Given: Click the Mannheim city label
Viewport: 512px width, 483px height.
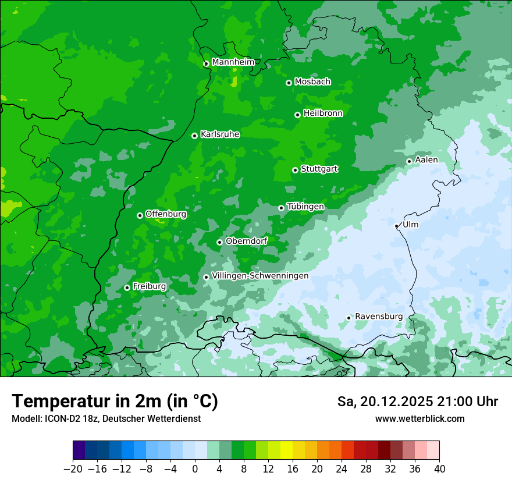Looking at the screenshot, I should (233, 62).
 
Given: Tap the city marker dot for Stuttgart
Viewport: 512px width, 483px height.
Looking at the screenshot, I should (295, 170).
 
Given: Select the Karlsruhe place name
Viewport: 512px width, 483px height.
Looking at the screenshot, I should (220, 134).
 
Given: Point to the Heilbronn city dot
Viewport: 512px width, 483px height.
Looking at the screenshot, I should (297, 115).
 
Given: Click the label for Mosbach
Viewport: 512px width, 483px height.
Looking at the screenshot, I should (312, 82).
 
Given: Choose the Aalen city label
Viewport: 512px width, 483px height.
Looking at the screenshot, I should (426, 160).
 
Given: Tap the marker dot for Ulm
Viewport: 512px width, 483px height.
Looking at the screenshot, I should (396, 226).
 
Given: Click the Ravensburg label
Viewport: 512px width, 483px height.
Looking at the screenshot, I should (379, 317).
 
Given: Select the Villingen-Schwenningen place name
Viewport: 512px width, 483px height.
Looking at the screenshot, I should (260, 276).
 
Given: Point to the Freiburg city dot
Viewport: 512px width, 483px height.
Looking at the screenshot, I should (127, 287).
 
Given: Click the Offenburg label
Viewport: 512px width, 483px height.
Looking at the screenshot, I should (166, 214).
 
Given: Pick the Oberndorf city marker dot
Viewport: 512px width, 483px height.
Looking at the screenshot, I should (219, 242).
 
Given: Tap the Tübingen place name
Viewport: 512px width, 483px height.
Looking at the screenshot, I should (305, 207).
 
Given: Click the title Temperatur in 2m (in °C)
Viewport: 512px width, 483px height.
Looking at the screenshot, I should (115, 401).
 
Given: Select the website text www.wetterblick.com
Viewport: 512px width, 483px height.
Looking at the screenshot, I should (419, 418).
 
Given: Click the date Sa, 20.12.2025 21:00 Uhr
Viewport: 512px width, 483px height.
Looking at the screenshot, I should (417, 402).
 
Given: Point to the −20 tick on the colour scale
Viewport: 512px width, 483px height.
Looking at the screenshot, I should (73, 469).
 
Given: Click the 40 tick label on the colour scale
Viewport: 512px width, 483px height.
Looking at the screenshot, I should (439, 469).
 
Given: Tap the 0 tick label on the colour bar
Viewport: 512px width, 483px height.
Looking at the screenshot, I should (195, 469).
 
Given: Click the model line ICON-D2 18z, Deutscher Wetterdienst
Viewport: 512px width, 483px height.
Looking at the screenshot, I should (106, 418).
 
